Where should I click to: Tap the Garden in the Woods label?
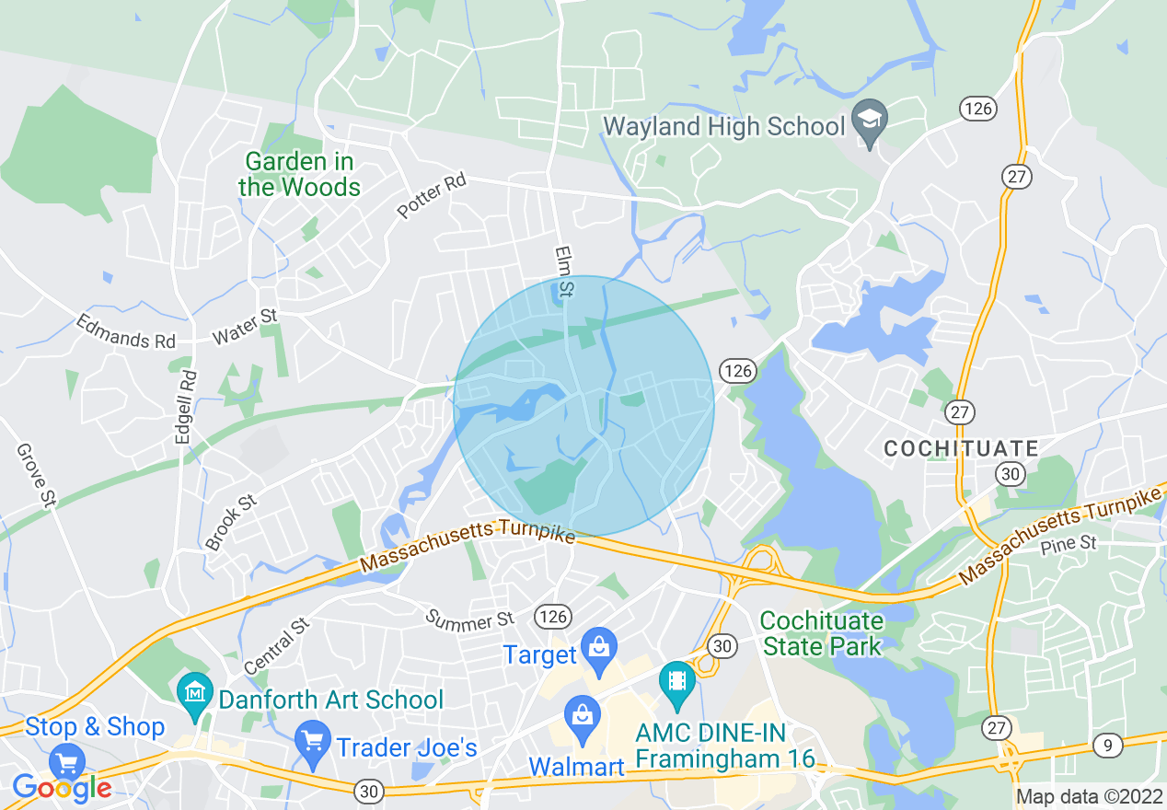pyautogui.click(x=299, y=175)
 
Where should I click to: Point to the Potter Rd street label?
pyautogui.click(x=432, y=196)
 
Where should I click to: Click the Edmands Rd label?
pyautogui.click(x=125, y=332)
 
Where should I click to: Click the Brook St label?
pyautogui.click(x=230, y=522)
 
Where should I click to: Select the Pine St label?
pyautogui.click(x=1069, y=544)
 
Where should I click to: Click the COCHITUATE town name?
pyautogui.click(x=961, y=449)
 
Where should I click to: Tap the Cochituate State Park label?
pyautogui.click(x=822, y=633)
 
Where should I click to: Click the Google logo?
pyautogui.click(x=63, y=788)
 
